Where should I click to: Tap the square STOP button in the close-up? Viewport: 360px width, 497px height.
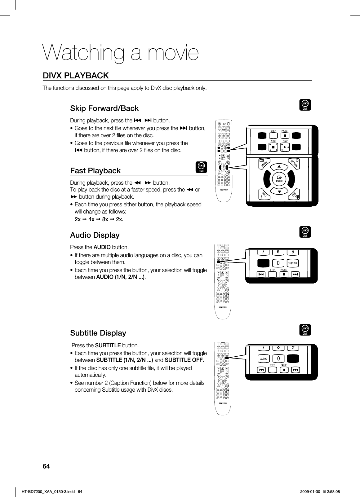[274, 148]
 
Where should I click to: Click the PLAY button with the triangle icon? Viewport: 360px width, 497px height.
[285, 148]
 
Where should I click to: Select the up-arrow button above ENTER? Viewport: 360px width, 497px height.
[279, 167]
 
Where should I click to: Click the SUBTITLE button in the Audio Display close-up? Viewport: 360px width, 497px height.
[293, 263]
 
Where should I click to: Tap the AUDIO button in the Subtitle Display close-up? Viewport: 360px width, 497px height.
[264, 358]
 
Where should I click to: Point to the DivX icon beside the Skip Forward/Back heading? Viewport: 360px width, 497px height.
[305, 105]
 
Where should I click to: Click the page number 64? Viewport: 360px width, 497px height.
[46, 466]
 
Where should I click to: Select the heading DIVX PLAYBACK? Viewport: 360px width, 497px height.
[76, 76]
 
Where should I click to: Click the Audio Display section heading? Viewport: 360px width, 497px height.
[95, 235]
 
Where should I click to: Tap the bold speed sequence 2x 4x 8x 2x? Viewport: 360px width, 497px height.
[99, 219]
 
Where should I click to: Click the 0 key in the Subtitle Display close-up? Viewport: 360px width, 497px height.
[278, 358]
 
